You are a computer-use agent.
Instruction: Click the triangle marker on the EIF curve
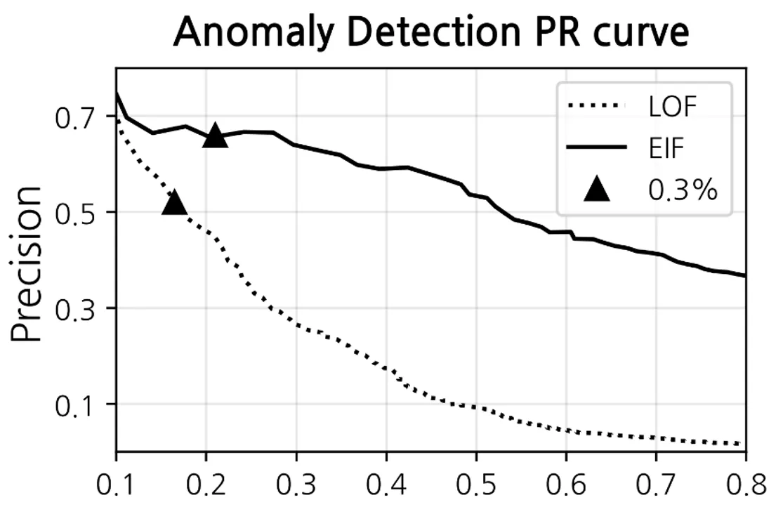point(215,136)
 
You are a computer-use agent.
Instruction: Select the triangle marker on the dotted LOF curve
point(173,202)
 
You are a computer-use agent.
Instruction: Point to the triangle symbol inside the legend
point(597,189)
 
